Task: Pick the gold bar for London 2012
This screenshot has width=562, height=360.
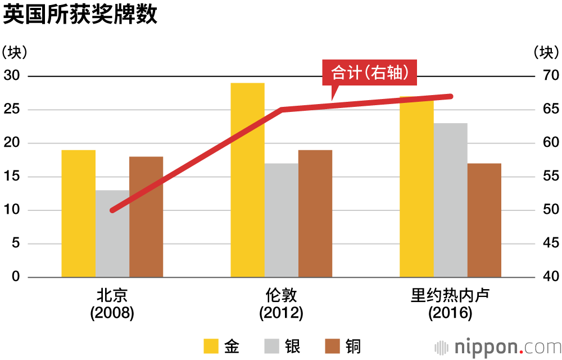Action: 247,186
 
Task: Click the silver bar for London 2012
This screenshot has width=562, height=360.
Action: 281,225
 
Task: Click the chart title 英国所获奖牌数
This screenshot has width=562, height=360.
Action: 80,15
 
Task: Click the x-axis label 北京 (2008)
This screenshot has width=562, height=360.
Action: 112,304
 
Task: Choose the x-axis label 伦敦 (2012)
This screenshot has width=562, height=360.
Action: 281,304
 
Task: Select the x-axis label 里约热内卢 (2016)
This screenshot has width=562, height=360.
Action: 450,304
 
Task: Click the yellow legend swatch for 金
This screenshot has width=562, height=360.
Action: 211,346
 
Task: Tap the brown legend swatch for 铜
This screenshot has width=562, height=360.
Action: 333,346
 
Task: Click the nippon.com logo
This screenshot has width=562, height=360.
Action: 497,346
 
